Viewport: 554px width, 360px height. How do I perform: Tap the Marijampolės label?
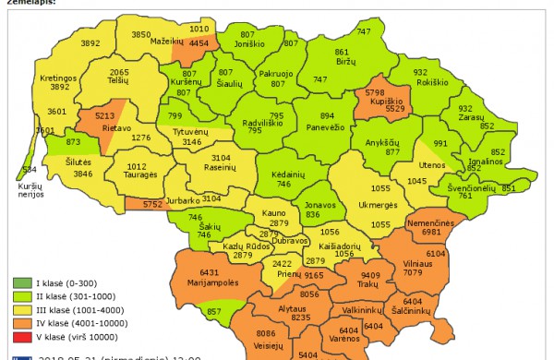click(213, 282)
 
